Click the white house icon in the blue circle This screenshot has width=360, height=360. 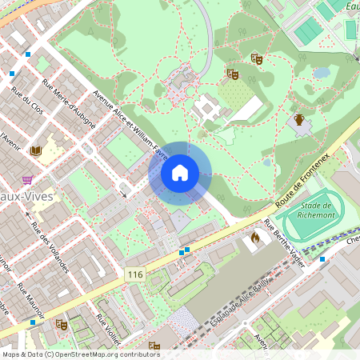pos(180,173)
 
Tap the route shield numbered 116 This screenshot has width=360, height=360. pos(134,274)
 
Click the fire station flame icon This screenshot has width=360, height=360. pos(255,237)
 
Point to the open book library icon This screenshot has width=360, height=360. pos(35,150)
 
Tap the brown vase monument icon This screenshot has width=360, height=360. pos(298,120)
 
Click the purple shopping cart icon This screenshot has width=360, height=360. pos(27,179)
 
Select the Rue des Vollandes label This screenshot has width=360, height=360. pos(50,248)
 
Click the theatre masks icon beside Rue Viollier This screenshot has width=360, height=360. pos(61,324)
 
